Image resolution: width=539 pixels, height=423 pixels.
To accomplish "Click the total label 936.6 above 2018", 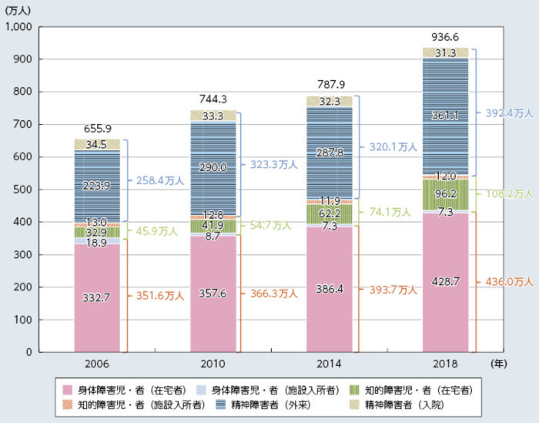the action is [445, 37].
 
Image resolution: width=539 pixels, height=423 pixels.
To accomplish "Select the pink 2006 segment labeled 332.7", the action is [97, 298].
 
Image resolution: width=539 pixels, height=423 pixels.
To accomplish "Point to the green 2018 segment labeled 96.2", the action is [446, 194].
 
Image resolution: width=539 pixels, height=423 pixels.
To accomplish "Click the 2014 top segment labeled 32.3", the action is [330, 101].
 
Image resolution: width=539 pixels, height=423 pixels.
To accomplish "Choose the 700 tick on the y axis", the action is [22, 124].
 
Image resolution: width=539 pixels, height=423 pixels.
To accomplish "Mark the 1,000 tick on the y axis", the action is [18, 26].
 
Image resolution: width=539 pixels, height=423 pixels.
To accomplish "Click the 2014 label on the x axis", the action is [330, 364].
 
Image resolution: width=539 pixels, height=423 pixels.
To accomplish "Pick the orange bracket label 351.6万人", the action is [160, 296].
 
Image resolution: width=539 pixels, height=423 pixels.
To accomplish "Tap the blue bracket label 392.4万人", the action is [509, 112].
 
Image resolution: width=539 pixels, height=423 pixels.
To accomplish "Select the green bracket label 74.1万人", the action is [390, 212].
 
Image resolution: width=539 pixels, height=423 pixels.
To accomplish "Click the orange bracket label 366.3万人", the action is [273, 294].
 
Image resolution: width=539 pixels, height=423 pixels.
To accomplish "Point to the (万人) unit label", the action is [18, 11].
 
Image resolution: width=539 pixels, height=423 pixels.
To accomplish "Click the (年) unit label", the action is [499, 364].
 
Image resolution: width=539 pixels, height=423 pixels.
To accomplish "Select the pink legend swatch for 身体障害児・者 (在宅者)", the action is [68, 391].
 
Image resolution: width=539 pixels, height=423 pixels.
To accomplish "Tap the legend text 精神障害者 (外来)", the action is [271, 405].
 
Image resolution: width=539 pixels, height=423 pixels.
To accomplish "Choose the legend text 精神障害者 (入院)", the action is [404, 405].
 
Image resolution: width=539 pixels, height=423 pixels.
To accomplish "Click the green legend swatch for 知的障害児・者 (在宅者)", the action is [354, 391].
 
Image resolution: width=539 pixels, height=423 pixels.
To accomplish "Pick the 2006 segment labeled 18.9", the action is [97, 240].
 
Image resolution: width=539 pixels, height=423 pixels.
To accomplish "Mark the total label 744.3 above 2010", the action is [213, 99].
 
